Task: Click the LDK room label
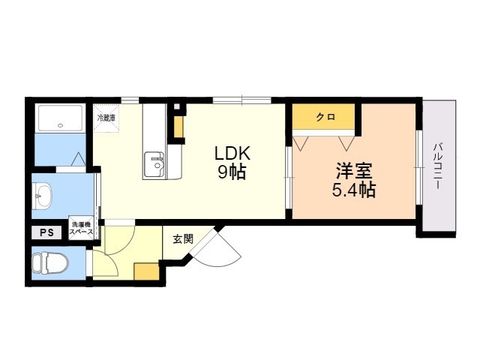click(232, 154)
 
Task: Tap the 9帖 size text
click(232, 172)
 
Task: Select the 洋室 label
click(354, 171)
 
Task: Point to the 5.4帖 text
click(354, 190)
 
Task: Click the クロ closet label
click(325, 117)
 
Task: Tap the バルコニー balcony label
click(437, 166)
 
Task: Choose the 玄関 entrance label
click(183, 239)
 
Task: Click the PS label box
click(46, 232)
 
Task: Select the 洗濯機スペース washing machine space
click(81, 228)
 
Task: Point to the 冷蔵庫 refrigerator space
click(106, 118)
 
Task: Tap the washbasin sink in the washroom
click(42, 196)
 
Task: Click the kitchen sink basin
click(154, 165)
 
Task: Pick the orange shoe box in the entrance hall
click(147, 271)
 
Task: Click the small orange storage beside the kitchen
click(178, 127)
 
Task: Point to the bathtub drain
click(60, 125)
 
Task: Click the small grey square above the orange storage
click(177, 107)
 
